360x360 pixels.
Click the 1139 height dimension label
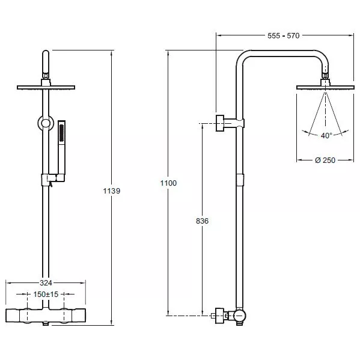tap(112, 191)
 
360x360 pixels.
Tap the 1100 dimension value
tap(168, 183)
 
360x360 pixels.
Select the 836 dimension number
tap(203, 221)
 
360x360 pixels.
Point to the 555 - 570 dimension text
tap(284, 35)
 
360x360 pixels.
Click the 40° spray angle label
tap(326, 135)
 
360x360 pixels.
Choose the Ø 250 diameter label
tap(325, 160)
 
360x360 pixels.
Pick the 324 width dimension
tap(46, 283)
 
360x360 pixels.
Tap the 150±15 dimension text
tap(46, 294)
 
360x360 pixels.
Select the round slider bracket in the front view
tap(46, 123)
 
